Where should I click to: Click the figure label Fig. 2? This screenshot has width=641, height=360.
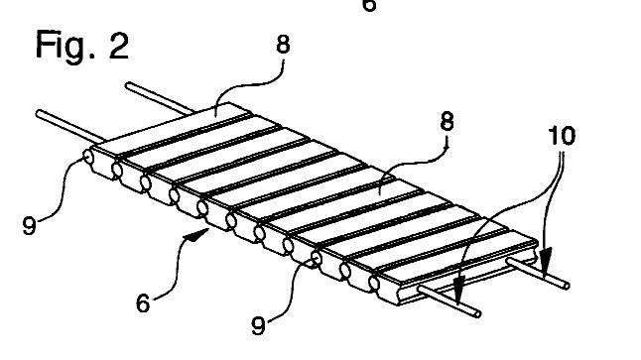[x=82, y=46]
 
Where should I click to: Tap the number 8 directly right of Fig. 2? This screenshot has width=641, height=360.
[x=283, y=44]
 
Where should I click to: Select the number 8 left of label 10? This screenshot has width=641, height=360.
[x=447, y=121]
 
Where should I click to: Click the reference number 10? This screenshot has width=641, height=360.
[x=562, y=136]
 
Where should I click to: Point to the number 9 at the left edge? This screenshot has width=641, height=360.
[x=29, y=226]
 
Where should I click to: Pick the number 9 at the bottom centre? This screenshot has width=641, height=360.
[x=258, y=325]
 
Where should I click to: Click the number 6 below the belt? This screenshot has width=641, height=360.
[x=143, y=304]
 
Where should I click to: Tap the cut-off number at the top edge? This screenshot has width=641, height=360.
[x=369, y=5]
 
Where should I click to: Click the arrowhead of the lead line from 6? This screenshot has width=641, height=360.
[x=198, y=235]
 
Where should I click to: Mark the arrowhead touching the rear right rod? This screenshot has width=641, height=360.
[x=546, y=261]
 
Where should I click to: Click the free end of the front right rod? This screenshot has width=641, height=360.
[x=477, y=313]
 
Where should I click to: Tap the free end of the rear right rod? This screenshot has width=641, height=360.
[x=567, y=286]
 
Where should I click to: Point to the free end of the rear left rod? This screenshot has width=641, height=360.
[x=128, y=86]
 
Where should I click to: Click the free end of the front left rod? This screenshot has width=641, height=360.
[x=40, y=114]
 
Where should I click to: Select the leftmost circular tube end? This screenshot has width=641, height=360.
[x=88, y=157]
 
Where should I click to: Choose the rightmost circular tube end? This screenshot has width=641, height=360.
[x=374, y=283]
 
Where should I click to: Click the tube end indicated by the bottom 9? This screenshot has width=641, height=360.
[x=317, y=258]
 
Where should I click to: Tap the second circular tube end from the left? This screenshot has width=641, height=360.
[x=116, y=170]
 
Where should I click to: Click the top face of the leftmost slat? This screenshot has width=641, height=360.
[x=172, y=128]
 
